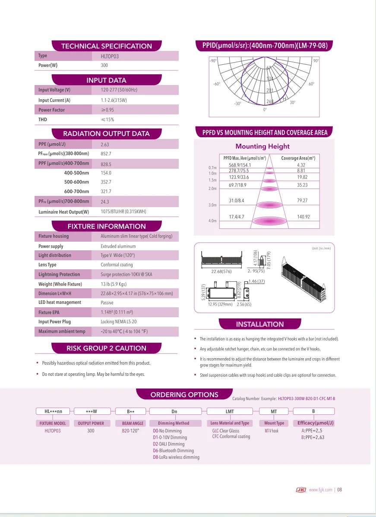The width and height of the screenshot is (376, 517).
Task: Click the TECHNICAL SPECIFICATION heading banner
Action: (x=107, y=46)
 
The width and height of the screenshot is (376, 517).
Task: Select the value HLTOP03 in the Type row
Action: (x=110, y=57)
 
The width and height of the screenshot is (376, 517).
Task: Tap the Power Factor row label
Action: (x=51, y=110)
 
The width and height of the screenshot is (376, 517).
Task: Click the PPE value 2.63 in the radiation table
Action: (x=105, y=145)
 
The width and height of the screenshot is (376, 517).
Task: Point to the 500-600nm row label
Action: (x=76, y=182)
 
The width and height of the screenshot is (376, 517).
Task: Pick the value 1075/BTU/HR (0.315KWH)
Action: (x=123, y=212)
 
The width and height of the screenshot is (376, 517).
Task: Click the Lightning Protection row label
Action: (x=59, y=274)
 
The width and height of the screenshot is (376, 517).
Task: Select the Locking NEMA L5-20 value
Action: (x=118, y=322)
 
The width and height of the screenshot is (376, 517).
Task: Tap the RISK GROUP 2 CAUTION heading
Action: (x=106, y=348)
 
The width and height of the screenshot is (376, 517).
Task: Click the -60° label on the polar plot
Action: (x=217, y=84)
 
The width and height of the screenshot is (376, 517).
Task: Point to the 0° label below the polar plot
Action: (x=265, y=110)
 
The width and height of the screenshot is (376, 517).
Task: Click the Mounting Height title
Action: (x=262, y=146)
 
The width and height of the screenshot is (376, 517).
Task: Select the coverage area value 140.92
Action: (x=303, y=217)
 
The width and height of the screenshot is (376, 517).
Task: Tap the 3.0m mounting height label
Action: (x=212, y=205)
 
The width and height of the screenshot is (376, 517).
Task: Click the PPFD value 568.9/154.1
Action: (x=240, y=165)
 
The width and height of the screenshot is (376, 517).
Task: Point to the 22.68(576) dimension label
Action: (x=221, y=272)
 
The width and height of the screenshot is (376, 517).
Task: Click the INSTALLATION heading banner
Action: (x=260, y=324)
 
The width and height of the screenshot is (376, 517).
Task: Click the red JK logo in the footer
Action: (x=301, y=490)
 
